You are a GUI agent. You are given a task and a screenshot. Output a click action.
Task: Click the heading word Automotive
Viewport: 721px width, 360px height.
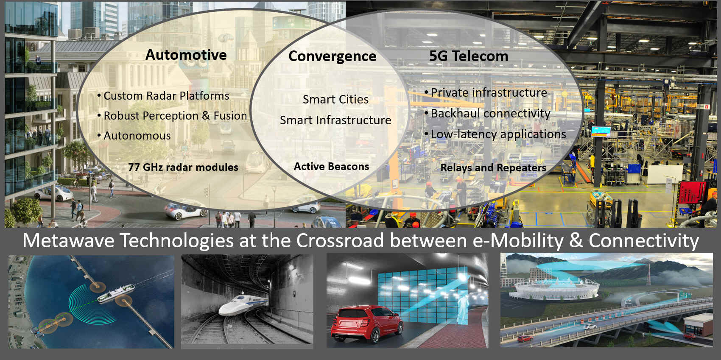pos(186,55)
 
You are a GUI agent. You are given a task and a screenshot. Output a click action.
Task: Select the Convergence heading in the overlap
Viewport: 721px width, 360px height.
pos(333,57)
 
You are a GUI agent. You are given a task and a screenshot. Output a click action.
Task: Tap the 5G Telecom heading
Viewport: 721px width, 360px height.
pos(469,56)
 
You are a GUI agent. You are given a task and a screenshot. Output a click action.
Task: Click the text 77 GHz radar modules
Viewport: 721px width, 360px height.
pos(183,167)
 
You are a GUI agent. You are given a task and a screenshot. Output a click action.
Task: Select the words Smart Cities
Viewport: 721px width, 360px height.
pos(336,99)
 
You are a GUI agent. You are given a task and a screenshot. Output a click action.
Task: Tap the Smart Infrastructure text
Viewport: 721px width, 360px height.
pos(336,120)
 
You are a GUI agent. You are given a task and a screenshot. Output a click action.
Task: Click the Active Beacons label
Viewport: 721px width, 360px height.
pos(332,166)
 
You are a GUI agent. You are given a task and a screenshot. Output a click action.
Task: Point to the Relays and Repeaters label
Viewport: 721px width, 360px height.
pos(493,168)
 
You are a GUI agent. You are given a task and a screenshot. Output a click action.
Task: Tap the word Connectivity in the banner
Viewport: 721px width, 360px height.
pos(644,241)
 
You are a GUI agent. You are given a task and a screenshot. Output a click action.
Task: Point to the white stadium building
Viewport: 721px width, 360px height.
pos(554,288)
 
